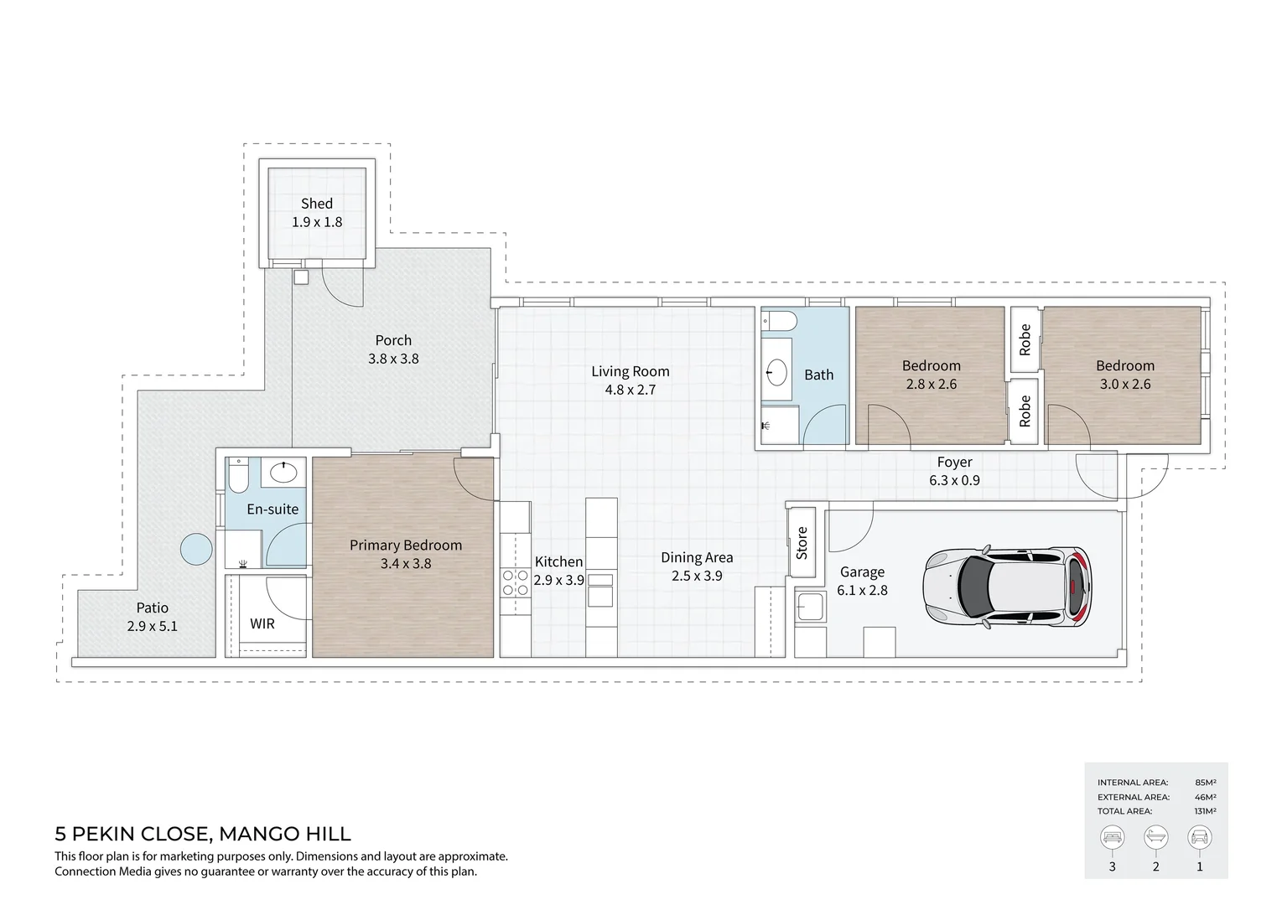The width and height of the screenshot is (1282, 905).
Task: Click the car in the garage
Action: (x=1008, y=588)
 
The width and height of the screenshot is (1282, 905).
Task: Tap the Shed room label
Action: (x=317, y=204)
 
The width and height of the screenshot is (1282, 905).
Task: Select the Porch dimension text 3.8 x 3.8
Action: (x=393, y=359)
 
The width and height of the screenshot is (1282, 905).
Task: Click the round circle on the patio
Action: (x=197, y=550)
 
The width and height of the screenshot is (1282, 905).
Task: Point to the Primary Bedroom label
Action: (x=406, y=546)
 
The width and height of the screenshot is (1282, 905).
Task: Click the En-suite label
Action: (x=272, y=509)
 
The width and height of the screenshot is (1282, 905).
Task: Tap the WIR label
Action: (x=262, y=624)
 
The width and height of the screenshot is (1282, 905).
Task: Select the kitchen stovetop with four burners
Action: (x=515, y=582)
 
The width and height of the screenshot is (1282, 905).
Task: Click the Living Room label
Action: (x=631, y=371)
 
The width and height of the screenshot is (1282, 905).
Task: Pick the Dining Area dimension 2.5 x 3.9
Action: (x=697, y=576)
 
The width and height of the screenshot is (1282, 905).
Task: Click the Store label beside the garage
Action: (x=802, y=543)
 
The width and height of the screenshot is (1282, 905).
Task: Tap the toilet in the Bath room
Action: (x=778, y=322)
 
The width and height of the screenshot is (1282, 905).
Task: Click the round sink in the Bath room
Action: (x=777, y=372)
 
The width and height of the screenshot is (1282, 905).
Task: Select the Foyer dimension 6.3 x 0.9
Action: (x=954, y=481)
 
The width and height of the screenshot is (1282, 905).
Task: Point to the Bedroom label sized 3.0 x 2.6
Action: (x=1125, y=366)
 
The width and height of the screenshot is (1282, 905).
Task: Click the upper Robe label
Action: (x=1025, y=339)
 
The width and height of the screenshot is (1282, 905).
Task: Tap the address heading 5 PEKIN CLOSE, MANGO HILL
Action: (x=203, y=834)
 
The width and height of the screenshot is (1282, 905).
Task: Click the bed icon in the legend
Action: (x=1113, y=837)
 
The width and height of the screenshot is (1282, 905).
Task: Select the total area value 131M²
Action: (x=1205, y=811)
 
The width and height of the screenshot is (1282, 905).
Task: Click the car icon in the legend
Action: (x=1199, y=837)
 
